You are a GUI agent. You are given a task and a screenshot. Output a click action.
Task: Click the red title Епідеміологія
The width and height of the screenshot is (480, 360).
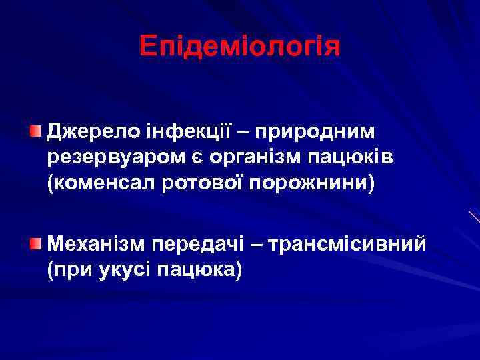point(240,46)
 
